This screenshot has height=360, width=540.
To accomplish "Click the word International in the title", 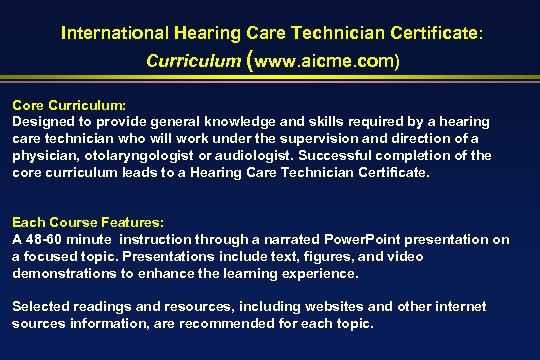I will [x=108, y=32].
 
